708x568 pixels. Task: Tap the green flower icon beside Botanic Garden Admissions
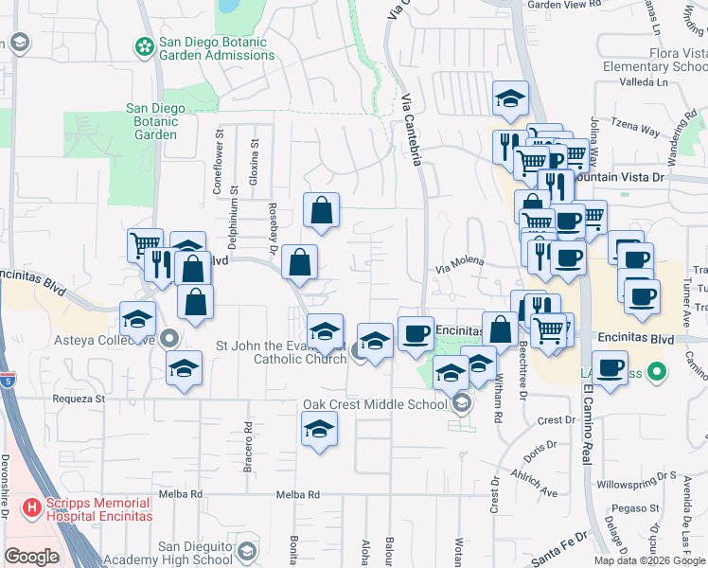click(144, 45)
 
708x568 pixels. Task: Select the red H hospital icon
click(32, 508)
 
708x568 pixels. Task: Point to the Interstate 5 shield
click(9, 381)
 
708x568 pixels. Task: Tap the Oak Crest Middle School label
click(374, 404)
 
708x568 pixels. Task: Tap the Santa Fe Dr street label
click(559, 537)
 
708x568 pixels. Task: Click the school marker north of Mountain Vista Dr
click(510, 98)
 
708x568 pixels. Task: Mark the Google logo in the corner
click(31, 556)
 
